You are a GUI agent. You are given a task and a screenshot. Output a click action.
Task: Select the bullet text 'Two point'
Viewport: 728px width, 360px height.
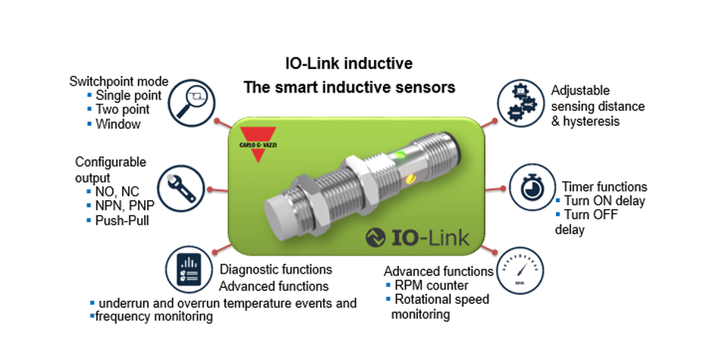point(124,109)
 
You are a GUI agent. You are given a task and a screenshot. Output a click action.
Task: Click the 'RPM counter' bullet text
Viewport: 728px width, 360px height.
point(431,285)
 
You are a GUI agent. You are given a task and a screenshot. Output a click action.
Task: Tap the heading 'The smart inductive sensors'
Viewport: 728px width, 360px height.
point(349,87)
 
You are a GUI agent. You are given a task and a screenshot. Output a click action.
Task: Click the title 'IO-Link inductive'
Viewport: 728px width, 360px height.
point(349,63)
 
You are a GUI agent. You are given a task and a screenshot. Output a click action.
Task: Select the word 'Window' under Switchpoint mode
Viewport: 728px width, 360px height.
point(118,124)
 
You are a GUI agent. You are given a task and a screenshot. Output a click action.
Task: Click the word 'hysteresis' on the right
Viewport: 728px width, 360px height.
point(588,121)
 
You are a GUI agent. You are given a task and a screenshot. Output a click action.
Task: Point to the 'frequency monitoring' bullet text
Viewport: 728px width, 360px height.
point(152,316)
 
